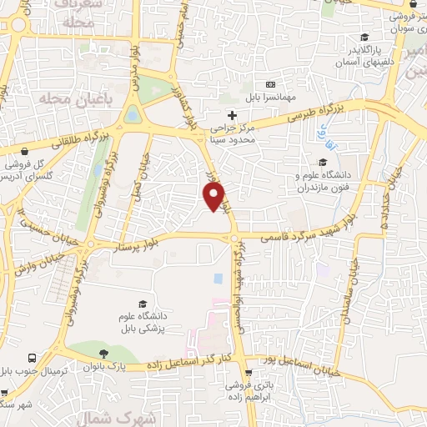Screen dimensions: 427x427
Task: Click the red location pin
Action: (215, 196)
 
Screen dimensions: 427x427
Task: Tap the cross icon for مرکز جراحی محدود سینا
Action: (233, 113)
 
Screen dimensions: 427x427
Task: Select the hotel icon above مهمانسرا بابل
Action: (269, 84)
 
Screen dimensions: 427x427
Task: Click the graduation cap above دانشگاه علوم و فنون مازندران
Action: (323, 162)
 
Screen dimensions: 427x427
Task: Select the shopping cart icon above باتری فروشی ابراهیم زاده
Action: (249, 372)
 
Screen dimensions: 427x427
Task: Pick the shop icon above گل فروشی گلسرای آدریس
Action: (28, 153)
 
